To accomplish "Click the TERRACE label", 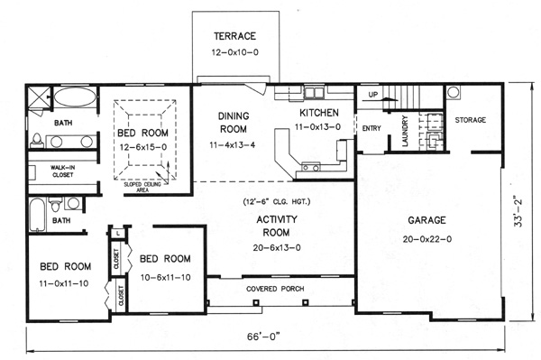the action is [235, 36].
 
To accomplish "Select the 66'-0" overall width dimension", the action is [263, 337].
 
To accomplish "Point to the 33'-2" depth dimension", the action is [518, 213].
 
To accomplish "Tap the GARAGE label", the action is [426, 220].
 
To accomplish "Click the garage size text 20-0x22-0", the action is [426, 239].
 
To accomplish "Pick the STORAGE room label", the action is [471, 120].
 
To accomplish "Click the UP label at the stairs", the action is [373, 94].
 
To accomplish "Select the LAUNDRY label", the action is [405, 131].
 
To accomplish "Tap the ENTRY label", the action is [371, 128].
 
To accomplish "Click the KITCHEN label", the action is [319, 113].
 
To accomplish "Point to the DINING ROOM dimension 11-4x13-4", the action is [233, 144].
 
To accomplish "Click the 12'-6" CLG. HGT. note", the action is [277, 201].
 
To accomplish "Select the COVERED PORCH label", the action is [275, 289].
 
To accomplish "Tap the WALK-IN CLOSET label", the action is [63, 171].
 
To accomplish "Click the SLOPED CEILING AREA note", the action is [142, 187].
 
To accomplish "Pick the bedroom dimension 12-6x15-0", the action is [143, 147].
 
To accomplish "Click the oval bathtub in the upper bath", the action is [75, 97].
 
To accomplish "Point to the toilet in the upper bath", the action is [37, 140].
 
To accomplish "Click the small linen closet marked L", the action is [118, 233].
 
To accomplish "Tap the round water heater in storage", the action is [453, 92].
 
